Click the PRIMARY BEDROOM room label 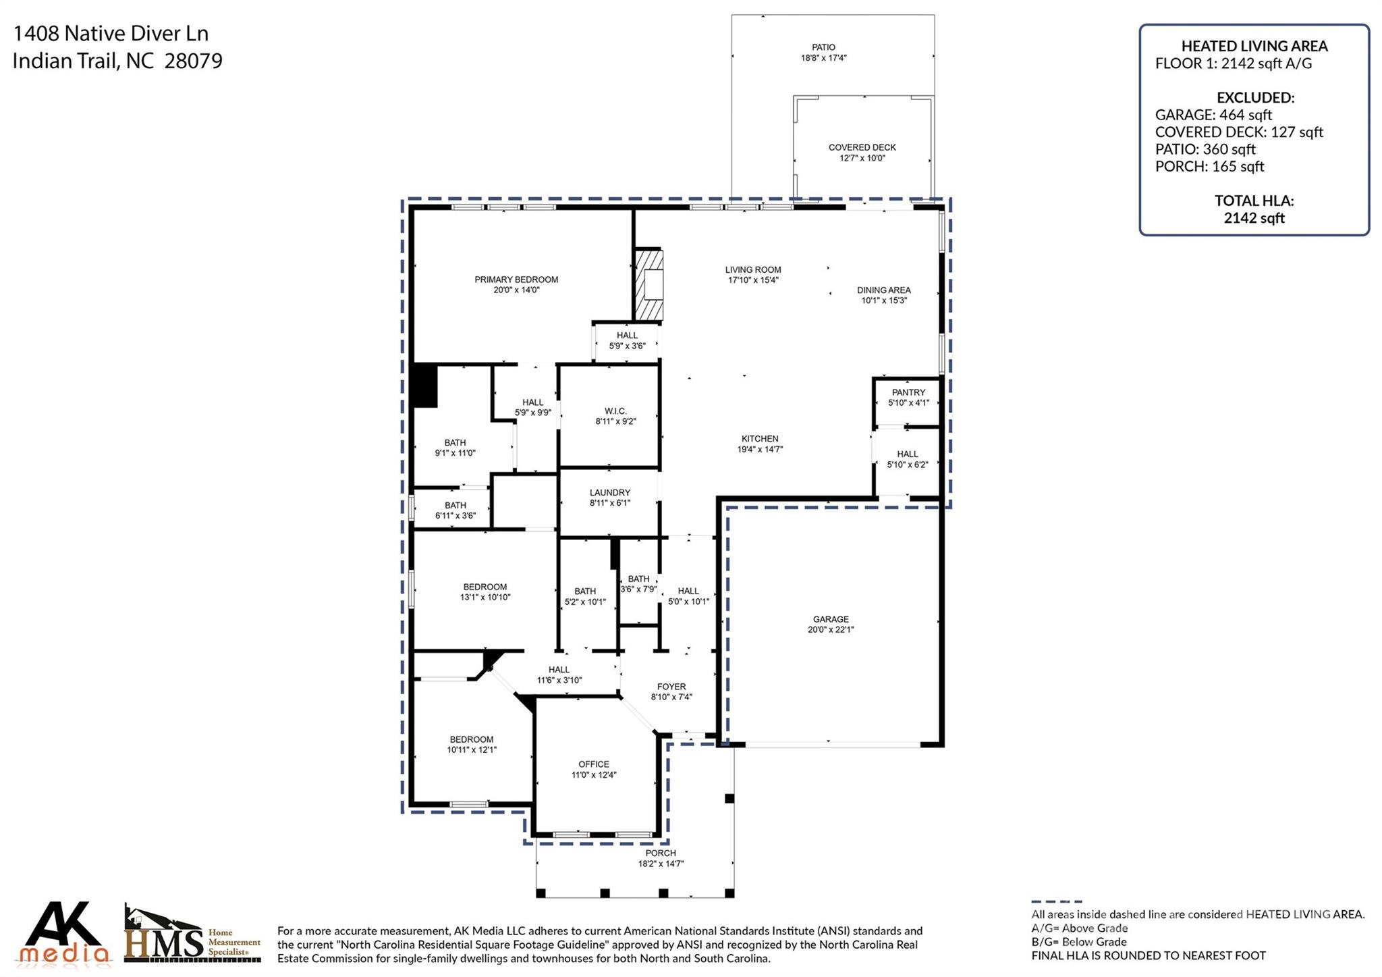(x=516, y=280)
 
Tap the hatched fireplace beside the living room (x=648, y=285)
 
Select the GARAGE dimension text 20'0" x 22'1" (x=831, y=629)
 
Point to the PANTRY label (x=908, y=392)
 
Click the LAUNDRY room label (x=609, y=493)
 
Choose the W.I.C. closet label (x=615, y=411)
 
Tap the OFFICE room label (x=593, y=764)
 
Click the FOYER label (x=671, y=687)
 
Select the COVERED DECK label (x=862, y=147)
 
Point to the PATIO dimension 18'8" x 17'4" (x=823, y=58)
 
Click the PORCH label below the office (x=660, y=853)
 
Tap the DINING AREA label (x=883, y=290)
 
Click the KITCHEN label (x=760, y=439)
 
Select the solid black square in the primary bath (x=424, y=386)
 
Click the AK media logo (x=64, y=933)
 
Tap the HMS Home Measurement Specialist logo (x=192, y=935)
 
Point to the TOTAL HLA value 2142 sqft (x=1254, y=218)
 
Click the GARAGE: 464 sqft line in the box (x=1213, y=115)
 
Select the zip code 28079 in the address (x=193, y=61)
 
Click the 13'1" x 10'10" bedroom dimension (x=485, y=598)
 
